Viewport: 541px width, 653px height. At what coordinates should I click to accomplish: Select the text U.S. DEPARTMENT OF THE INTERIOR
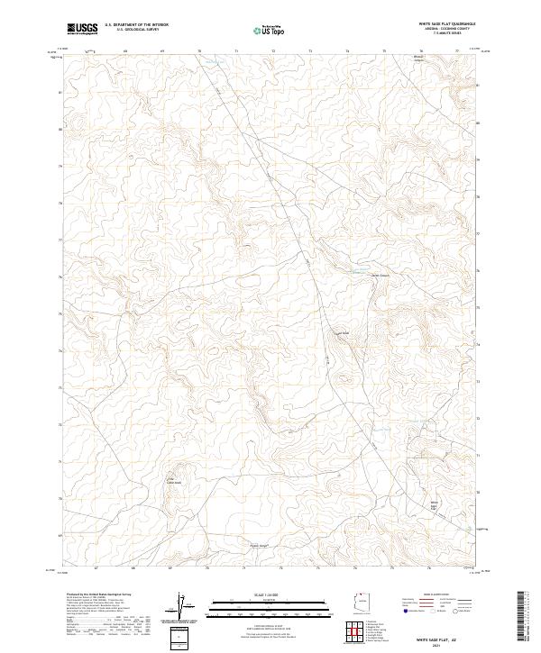click(136, 25)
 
